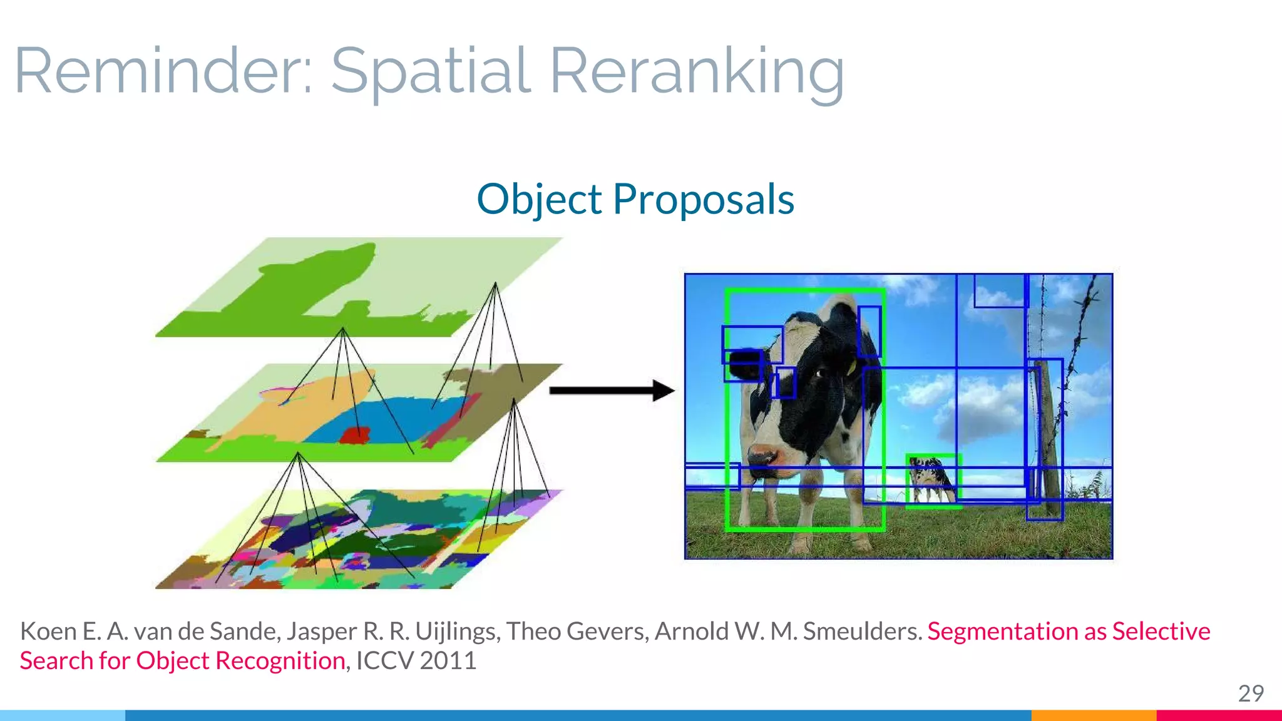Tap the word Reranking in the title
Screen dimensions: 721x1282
click(x=696, y=72)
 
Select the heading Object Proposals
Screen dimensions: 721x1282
click(x=635, y=199)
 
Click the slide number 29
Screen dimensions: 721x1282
click(x=1250, y=693)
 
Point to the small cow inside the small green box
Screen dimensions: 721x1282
click(x=932, y=480)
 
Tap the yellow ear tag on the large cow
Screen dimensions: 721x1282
click(x=851, y=368)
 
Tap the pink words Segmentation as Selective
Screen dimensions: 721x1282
click(x=1068, y=631)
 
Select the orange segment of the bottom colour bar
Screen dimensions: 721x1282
click(x=1093, y=715)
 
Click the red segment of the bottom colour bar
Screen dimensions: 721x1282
click(x=1218, y=715)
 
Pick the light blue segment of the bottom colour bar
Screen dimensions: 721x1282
click(x=63, y=715)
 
